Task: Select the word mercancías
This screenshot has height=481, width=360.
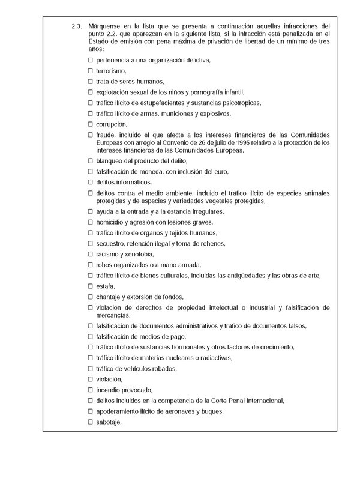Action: point(112,315)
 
